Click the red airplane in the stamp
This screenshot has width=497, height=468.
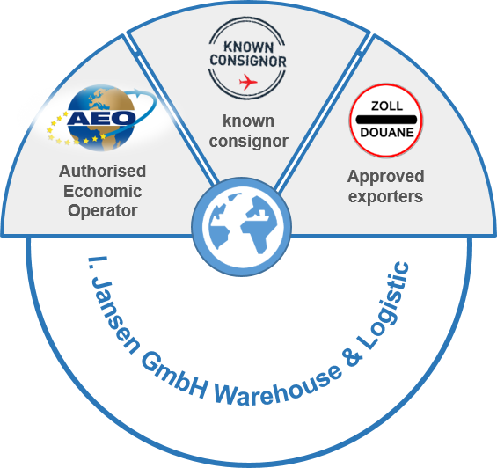[248, 82]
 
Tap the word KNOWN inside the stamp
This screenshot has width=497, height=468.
[248, 47]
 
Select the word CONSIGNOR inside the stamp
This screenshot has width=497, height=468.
[248, 61]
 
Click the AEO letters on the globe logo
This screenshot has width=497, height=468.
[101, 118]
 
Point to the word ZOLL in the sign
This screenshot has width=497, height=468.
[387, 106]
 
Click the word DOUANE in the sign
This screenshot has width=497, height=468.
[387, 132]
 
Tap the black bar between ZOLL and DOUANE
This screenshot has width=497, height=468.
[386, 120]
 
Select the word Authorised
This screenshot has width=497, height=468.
[102, 171]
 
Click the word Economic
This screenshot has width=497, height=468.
[102, 191]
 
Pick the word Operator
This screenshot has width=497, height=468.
[102, 211]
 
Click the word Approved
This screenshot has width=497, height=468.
[386, 177]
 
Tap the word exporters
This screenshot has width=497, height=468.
[385, 197]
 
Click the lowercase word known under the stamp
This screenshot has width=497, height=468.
[248, 121]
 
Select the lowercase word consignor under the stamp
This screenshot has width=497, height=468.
[248, 142]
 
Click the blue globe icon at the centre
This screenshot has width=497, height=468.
[242, 226]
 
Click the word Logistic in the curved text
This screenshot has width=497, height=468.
[384, 303]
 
